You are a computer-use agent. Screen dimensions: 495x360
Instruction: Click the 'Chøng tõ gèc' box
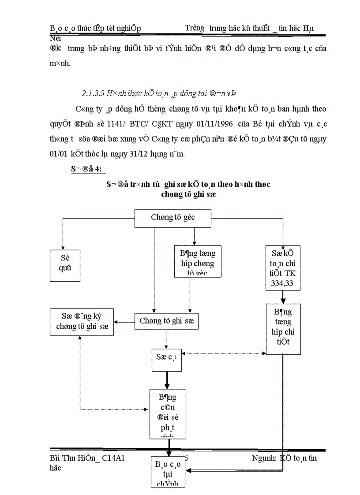tap(173, 218)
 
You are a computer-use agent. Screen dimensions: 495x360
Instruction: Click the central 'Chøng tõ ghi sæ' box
tap(166, 321)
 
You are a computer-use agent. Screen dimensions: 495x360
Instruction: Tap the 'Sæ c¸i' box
tap(166, 357)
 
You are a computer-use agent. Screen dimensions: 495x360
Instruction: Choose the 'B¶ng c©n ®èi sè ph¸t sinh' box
tap(167, 413)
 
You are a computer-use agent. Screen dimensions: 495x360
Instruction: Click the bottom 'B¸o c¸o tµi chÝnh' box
tap(167, 472)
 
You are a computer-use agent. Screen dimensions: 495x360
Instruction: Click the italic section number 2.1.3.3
tap(95, 93)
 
